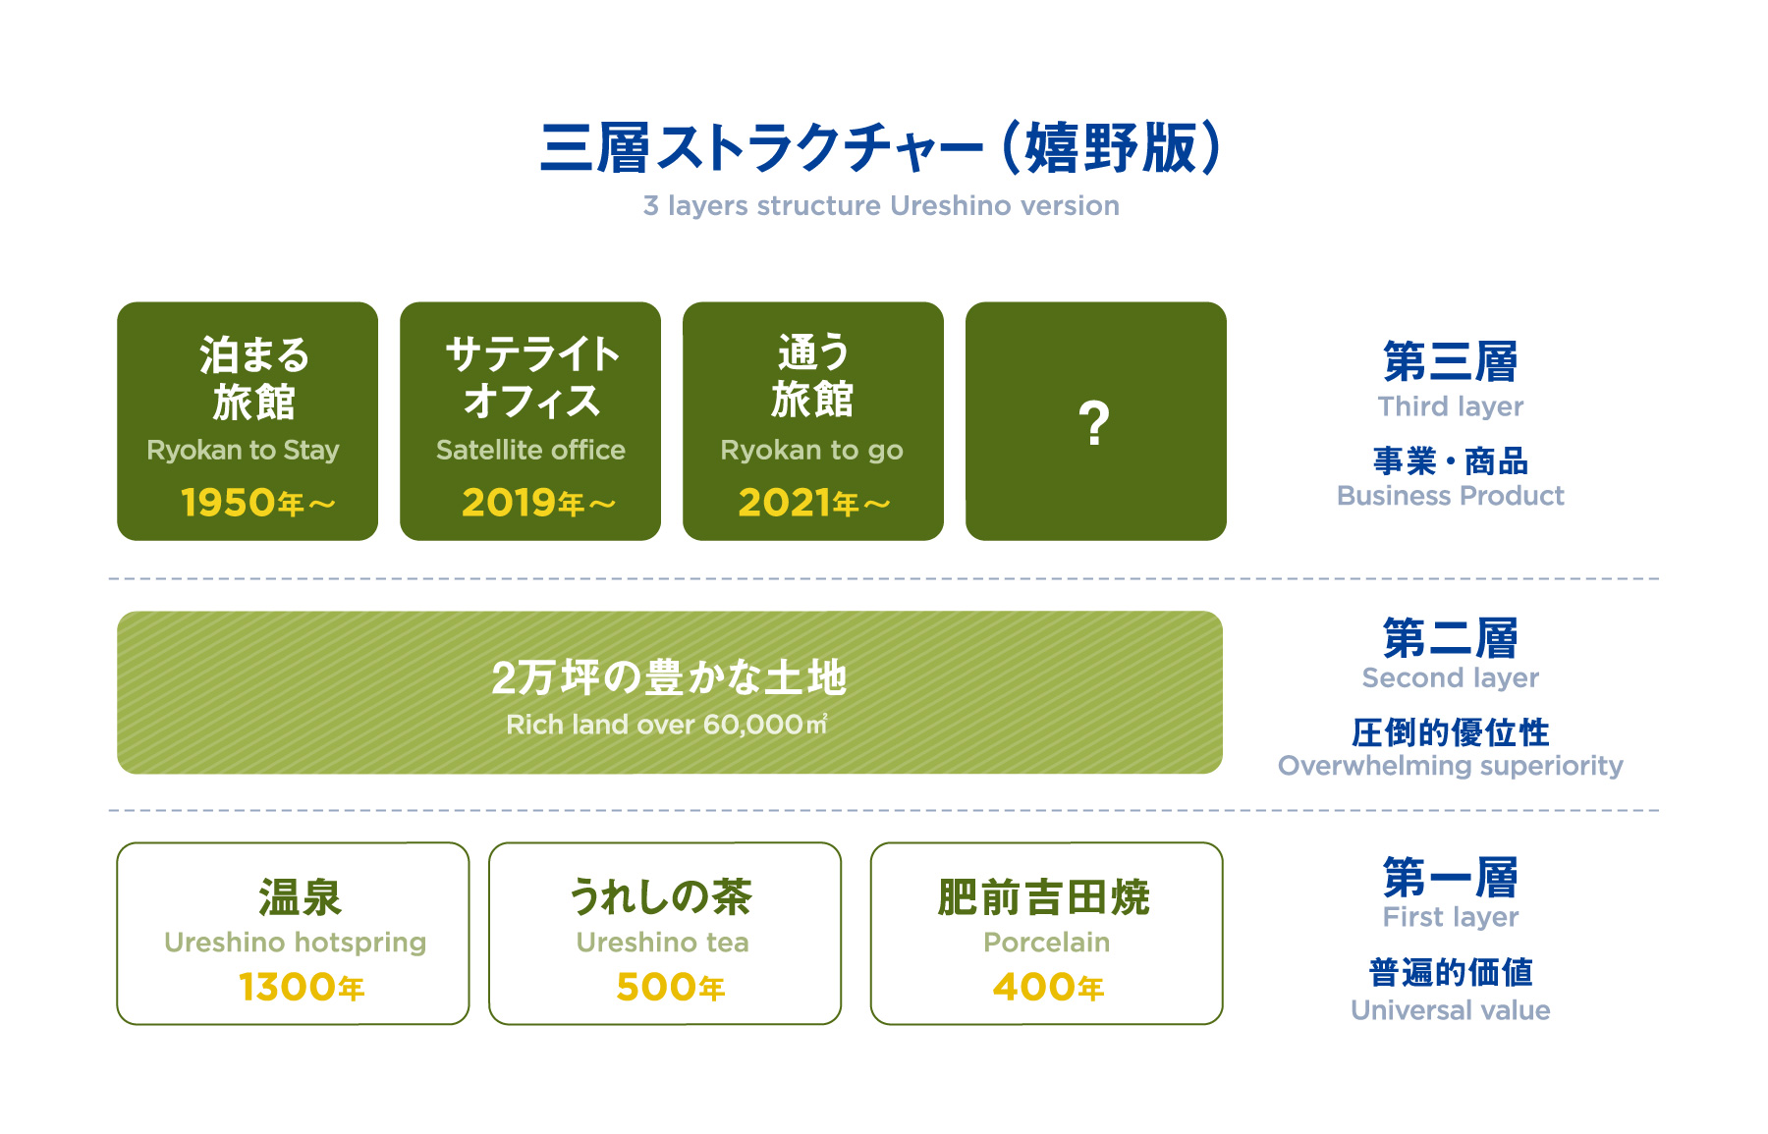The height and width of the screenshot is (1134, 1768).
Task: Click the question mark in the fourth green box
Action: (1094, 423)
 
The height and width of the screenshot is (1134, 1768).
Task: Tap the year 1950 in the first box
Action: (229, 503)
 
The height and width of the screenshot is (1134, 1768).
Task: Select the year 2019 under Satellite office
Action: (510, 503)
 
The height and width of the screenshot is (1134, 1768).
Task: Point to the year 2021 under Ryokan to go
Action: (785, 503)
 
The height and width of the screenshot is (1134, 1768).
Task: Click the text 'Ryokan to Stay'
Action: (243, 451)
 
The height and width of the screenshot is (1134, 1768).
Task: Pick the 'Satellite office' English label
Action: (530, 450)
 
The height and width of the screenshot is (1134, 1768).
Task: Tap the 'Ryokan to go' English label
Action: (811, 451)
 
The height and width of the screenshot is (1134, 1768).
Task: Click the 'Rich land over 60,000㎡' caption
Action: (667, 725)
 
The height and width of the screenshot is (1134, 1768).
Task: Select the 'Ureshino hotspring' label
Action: (295, 943)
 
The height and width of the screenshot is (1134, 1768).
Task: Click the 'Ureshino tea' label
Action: (662, 943)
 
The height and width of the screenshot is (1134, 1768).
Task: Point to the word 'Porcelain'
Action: (1046, 943)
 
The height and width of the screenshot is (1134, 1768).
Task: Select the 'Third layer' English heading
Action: (1451, 406)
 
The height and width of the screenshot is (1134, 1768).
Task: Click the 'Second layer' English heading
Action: (1451, 678)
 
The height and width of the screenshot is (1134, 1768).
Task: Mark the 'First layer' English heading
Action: (1451, 917)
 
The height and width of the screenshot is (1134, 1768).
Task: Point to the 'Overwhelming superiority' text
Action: (1451, 766)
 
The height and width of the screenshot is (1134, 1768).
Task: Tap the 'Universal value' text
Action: (1451, 1010)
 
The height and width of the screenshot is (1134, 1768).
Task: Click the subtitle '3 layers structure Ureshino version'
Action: (881, 206)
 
